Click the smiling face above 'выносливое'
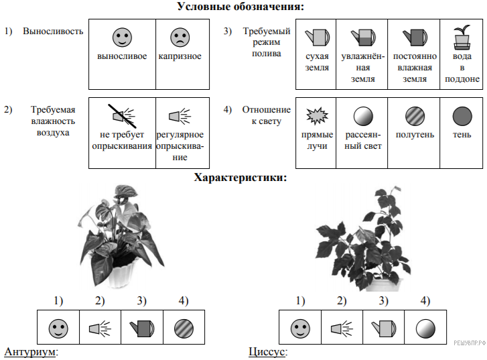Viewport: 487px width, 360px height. pos(121,36)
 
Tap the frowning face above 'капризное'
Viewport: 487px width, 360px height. pos(180,36)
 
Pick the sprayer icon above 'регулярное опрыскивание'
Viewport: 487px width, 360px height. pos(180,117)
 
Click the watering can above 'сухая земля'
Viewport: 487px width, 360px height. pos(316,36)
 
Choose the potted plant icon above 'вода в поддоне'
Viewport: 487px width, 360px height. pos(461,38)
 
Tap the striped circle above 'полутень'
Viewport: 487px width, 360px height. pos(414,117)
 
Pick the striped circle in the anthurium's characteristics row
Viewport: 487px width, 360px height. pos(184,328)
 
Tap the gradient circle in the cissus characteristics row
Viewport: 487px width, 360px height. pos(425,328)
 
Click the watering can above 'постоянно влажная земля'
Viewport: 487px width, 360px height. pos(413,36)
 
